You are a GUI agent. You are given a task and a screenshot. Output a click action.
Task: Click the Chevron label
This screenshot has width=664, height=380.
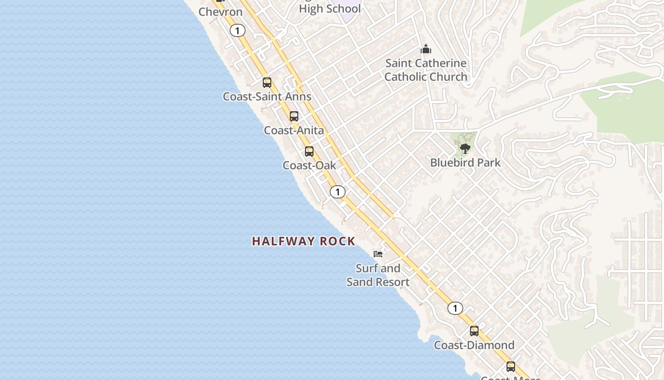pos(220,12)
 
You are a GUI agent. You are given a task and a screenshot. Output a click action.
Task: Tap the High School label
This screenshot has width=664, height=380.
pos(330,9)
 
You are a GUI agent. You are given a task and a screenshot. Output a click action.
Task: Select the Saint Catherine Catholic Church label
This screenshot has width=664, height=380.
pos(425,70)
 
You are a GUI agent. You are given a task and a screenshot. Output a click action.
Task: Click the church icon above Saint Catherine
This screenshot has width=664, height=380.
pos(425,49)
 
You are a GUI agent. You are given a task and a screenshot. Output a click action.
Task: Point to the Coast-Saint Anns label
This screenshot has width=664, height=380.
pos(267,96)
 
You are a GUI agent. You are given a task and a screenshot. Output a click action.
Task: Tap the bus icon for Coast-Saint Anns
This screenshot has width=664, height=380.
pos(267,83)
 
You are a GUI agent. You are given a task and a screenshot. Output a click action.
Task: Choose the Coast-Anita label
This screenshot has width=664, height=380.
pos(294,130)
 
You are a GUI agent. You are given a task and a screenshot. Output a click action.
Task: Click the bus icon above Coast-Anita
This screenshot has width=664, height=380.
pos(294,116)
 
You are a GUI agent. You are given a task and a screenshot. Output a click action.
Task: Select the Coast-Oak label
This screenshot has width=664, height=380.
pos(309,165)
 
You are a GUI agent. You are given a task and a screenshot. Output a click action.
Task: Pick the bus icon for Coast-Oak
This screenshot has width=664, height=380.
pos(309,152)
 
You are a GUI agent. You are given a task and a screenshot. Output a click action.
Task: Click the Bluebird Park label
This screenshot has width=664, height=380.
pos(465,162)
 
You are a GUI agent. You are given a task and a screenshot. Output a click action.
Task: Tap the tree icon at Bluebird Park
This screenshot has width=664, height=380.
pos(465,149)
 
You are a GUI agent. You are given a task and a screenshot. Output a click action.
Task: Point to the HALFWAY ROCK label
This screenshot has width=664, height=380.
pos(304,241)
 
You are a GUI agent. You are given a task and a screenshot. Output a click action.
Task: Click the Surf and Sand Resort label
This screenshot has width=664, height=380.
pos(378,275)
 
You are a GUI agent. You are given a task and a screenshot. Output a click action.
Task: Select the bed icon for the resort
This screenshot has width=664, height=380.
pos(378,254)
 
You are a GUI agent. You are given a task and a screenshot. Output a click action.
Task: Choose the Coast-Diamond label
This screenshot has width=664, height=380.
pos(474,345)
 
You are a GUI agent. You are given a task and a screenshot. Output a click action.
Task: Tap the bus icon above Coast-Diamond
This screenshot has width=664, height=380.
pos(474,331)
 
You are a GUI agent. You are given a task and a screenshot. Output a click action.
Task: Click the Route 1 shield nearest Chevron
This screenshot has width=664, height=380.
pos(238,31)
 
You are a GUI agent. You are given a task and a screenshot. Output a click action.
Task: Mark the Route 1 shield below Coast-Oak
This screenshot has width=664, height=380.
pos(338,192)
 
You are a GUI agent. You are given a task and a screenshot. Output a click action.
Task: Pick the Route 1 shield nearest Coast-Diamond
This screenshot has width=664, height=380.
pos(455,308)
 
